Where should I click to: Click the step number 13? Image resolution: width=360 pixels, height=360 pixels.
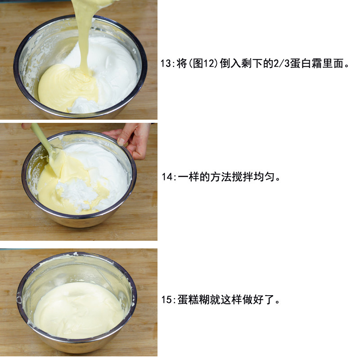click(165, 63)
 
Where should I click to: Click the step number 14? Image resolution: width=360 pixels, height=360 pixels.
click(167, 177)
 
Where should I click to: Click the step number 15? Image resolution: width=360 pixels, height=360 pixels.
click(166, 300)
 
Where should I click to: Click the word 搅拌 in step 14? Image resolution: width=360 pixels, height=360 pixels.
click(243, 177)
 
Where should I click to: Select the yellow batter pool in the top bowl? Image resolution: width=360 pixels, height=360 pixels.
click(67, 87)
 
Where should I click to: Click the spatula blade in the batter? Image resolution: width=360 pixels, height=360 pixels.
click(57, 161)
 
